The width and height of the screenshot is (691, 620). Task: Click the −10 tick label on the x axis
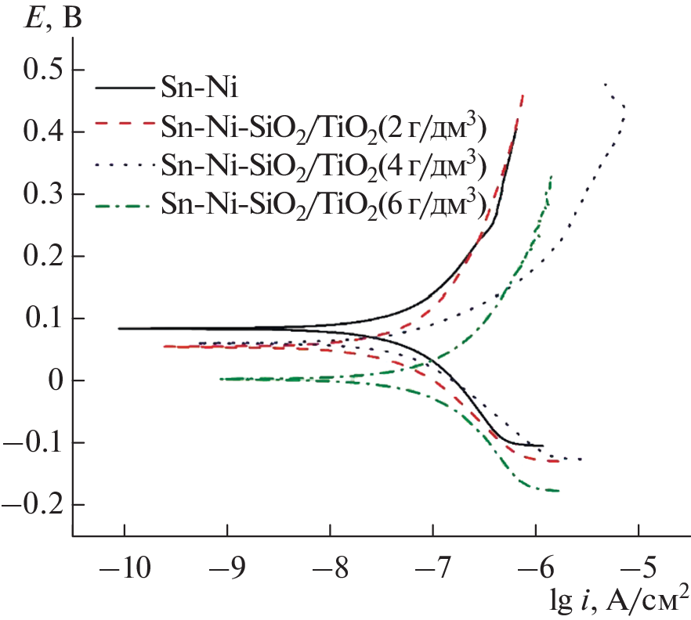click(125, 564)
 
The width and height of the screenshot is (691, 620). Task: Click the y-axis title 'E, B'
click(52, 16)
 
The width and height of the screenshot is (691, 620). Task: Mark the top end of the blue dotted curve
click(605, 84)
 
